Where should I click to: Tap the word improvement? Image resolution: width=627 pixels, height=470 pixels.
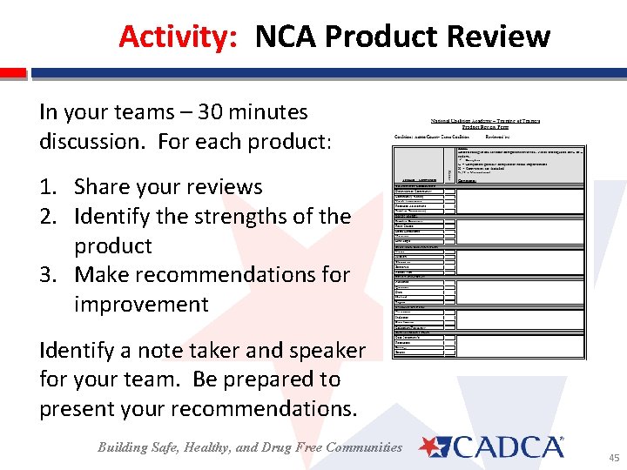(x=141, y=305)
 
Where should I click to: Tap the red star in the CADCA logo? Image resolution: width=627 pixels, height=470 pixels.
(x=432, y=447)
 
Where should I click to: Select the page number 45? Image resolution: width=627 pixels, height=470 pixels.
(x=614, y=457)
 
